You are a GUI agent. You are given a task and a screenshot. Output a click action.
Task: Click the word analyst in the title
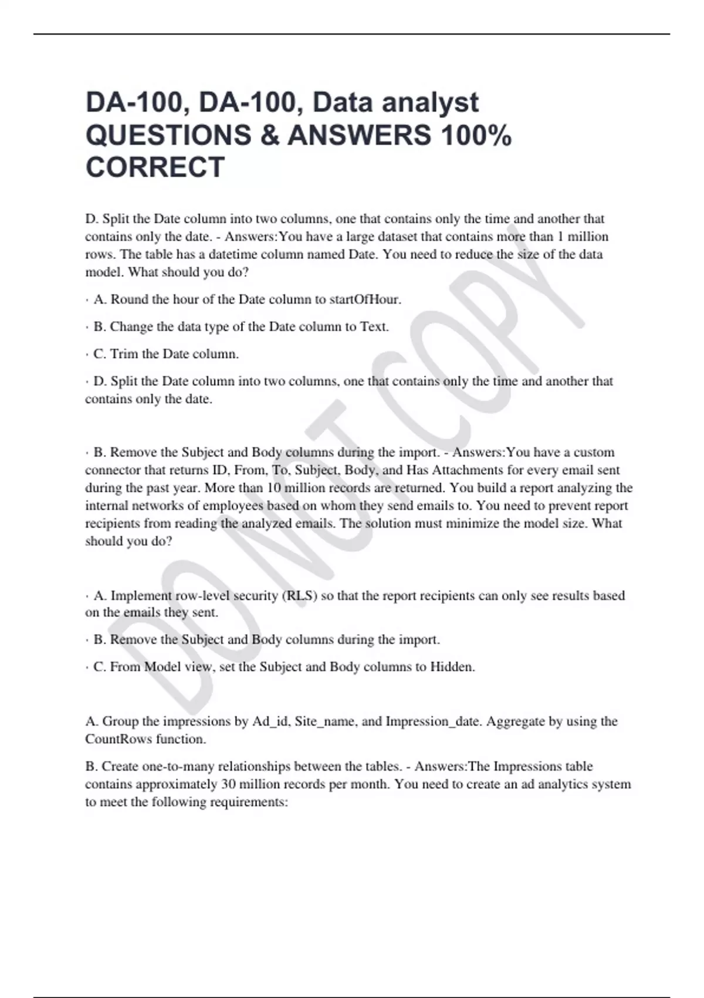point(431,103)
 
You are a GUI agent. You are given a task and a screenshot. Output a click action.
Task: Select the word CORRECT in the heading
point(155,167)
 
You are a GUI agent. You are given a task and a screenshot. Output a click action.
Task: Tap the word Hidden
point(452,667)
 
